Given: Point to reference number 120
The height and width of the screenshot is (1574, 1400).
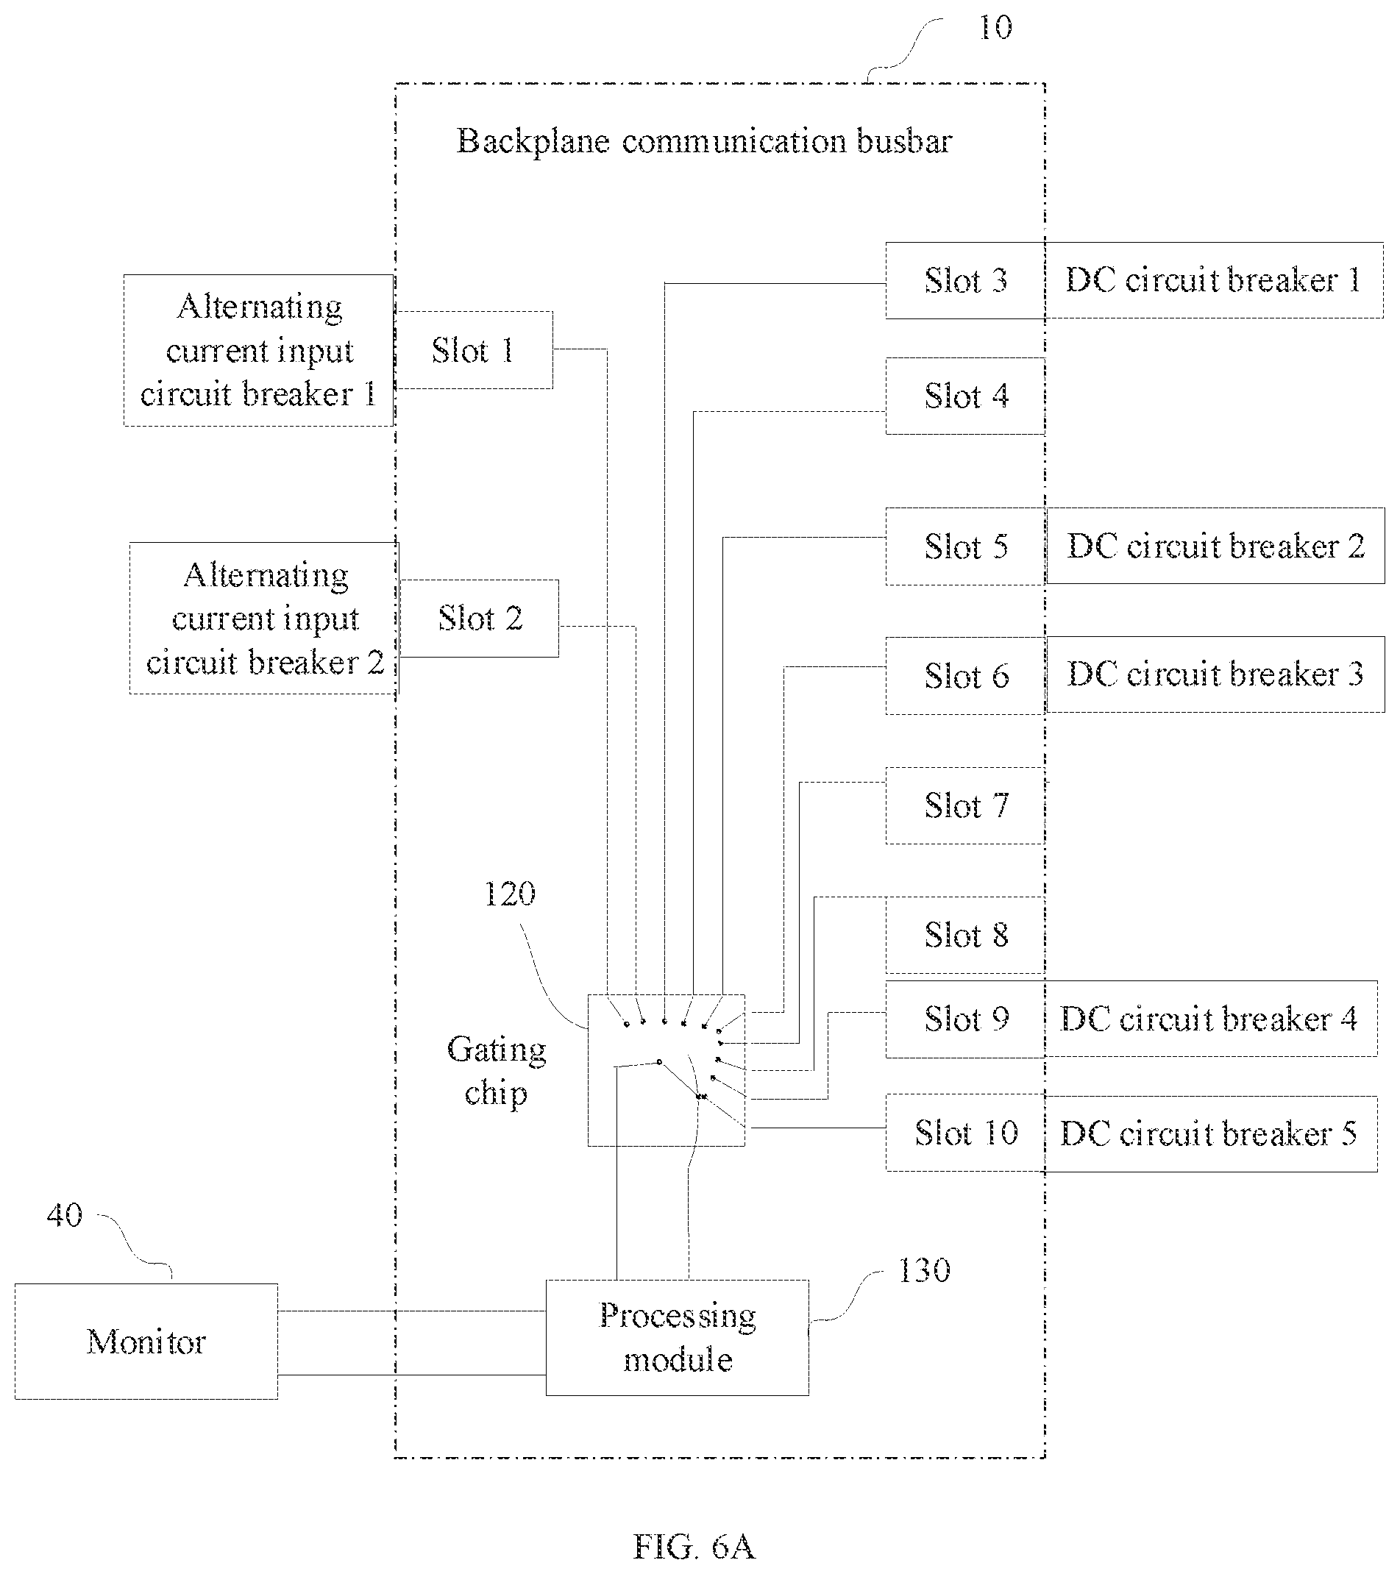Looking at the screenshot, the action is point(509,893).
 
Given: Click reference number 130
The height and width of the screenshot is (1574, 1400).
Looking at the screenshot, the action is point(924,1270).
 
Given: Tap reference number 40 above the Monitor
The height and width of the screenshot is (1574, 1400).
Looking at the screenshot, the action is point(64,1215).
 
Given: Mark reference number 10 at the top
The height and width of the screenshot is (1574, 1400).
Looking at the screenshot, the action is point(995,28).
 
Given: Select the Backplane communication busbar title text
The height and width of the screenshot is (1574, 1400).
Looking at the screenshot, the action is point(704,141).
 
